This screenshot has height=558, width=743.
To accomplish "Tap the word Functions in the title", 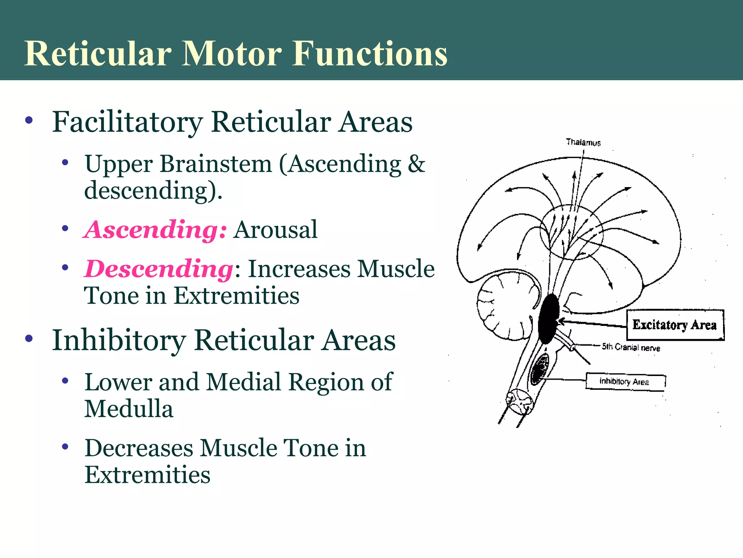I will point(370,54).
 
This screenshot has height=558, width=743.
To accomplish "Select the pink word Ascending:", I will point(156,230).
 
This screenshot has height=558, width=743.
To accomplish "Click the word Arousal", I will point(275,230).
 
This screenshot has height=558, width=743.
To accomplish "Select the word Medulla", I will point(129,409).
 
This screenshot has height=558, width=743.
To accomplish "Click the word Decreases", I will point(139,448).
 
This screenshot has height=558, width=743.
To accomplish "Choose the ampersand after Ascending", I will point(416,164).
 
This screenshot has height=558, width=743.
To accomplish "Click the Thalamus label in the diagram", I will point(583,142).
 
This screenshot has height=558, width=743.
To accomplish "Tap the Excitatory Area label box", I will point(675,325).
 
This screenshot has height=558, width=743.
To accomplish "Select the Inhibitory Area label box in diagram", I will point(625,382).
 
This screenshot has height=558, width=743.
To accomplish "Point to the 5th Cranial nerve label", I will point(631,347).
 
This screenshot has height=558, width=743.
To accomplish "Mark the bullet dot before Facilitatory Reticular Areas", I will point(29,120).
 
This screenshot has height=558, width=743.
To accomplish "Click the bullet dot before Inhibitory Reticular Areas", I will point(29,339).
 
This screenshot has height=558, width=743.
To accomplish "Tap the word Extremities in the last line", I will point(147,475).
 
